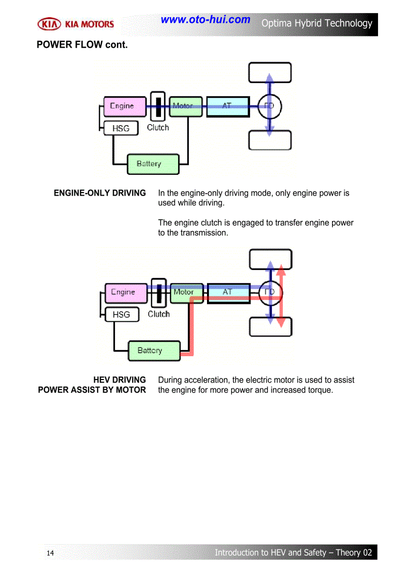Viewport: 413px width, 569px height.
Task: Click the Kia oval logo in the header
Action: pyautogui.click(x=49, y=24)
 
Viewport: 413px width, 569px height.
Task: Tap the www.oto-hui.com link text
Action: pyautogui.click(x=205, y=20)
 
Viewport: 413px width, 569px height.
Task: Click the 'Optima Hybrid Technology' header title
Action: pyautogui.click(x=317, y=23)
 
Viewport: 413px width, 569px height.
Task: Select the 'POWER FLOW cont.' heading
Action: pyautogui.click(x=82, y=45)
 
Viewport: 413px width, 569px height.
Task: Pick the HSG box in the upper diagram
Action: pyautogui.click(x=120, y=129)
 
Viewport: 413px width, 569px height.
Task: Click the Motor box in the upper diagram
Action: pyautogui.click(x=186, y=106)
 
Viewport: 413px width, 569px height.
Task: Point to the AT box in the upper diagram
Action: pyautogui.click(x=228, y=106)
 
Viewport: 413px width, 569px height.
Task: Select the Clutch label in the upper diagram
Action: pyautogui.click(x=158, y=128)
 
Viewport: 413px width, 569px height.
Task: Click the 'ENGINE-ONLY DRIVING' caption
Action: pyautogui.click(x=100, y=193)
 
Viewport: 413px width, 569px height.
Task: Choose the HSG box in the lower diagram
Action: pyautogui.click(x=121, y=315)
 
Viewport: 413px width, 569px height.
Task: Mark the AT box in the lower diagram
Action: pyautogui.click(x=229, y=293)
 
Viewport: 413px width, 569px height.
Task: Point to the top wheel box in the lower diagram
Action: pyautogui.click(x=271, y=259)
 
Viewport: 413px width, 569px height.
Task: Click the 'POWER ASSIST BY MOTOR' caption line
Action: pyautogui.click(x=92, y=390)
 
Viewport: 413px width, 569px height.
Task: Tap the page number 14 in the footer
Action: pyautogui.click(x=50, y=553)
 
